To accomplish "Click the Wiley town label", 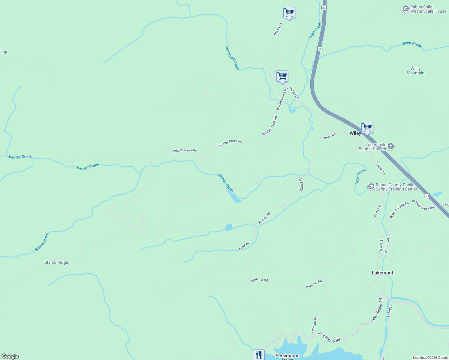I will pyautogui.click(x=355, y=133).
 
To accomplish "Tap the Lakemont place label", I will pyautogui.click(x=382, y=273).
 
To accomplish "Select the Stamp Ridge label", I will pyautogui.click(x=56, y=262).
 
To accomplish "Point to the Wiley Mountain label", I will pyautogui.click(x=415, y=71).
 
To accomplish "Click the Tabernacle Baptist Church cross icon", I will pyautogui.click(x=390, y=146).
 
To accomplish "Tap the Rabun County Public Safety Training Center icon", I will pyautogui.click(x=371, y=187).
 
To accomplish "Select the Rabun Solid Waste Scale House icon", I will pyautogui.click(x=406, y=9).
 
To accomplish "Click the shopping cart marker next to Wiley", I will pyautogui.click(x=367, y=127).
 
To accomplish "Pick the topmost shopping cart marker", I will pyautogui.click(x=289, y=13).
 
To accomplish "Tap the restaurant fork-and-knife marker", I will pyautogui.click(x=259, y=355).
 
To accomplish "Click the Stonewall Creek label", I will pyautogui.click(x=233, y=58).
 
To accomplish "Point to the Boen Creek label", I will pyautogui.click(x=412, y=44).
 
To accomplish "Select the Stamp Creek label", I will pyautogui.click(x=42, y=242).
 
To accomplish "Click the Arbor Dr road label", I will pyautogui.click(x=244, y=247).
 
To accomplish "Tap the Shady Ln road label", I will pyautogui.click(x=390, y=311).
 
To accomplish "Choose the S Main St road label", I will pyautogui.click(x=380, y=168).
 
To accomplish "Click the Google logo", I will pyautogui.click(x=10, y=356).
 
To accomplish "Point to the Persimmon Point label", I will pyautogui.click(x=288, y=356).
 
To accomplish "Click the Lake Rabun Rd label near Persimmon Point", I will pyautogui.click(x=329, y=337).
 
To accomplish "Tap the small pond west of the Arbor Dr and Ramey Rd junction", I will pyautogui.click(x=229, y=227).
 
